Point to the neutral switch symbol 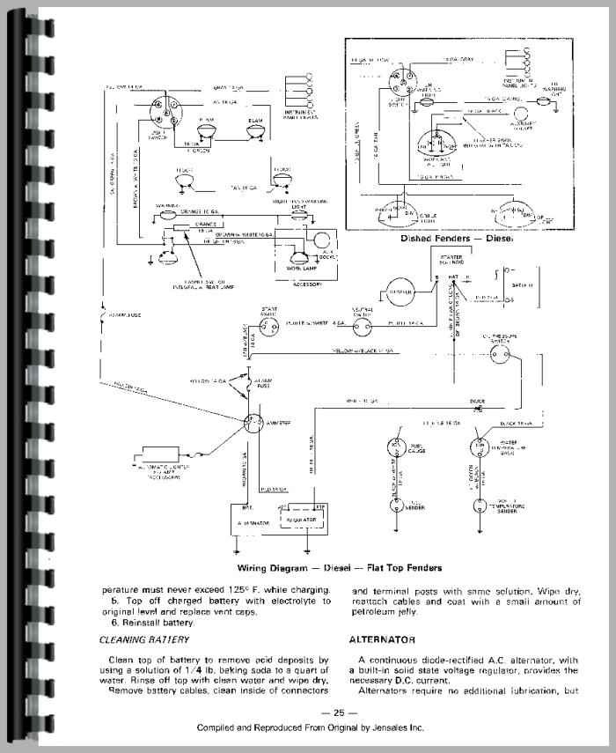(358, 324)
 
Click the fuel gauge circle (395, 447)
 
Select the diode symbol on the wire (480, 410)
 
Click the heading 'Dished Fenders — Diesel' (457, 238)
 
